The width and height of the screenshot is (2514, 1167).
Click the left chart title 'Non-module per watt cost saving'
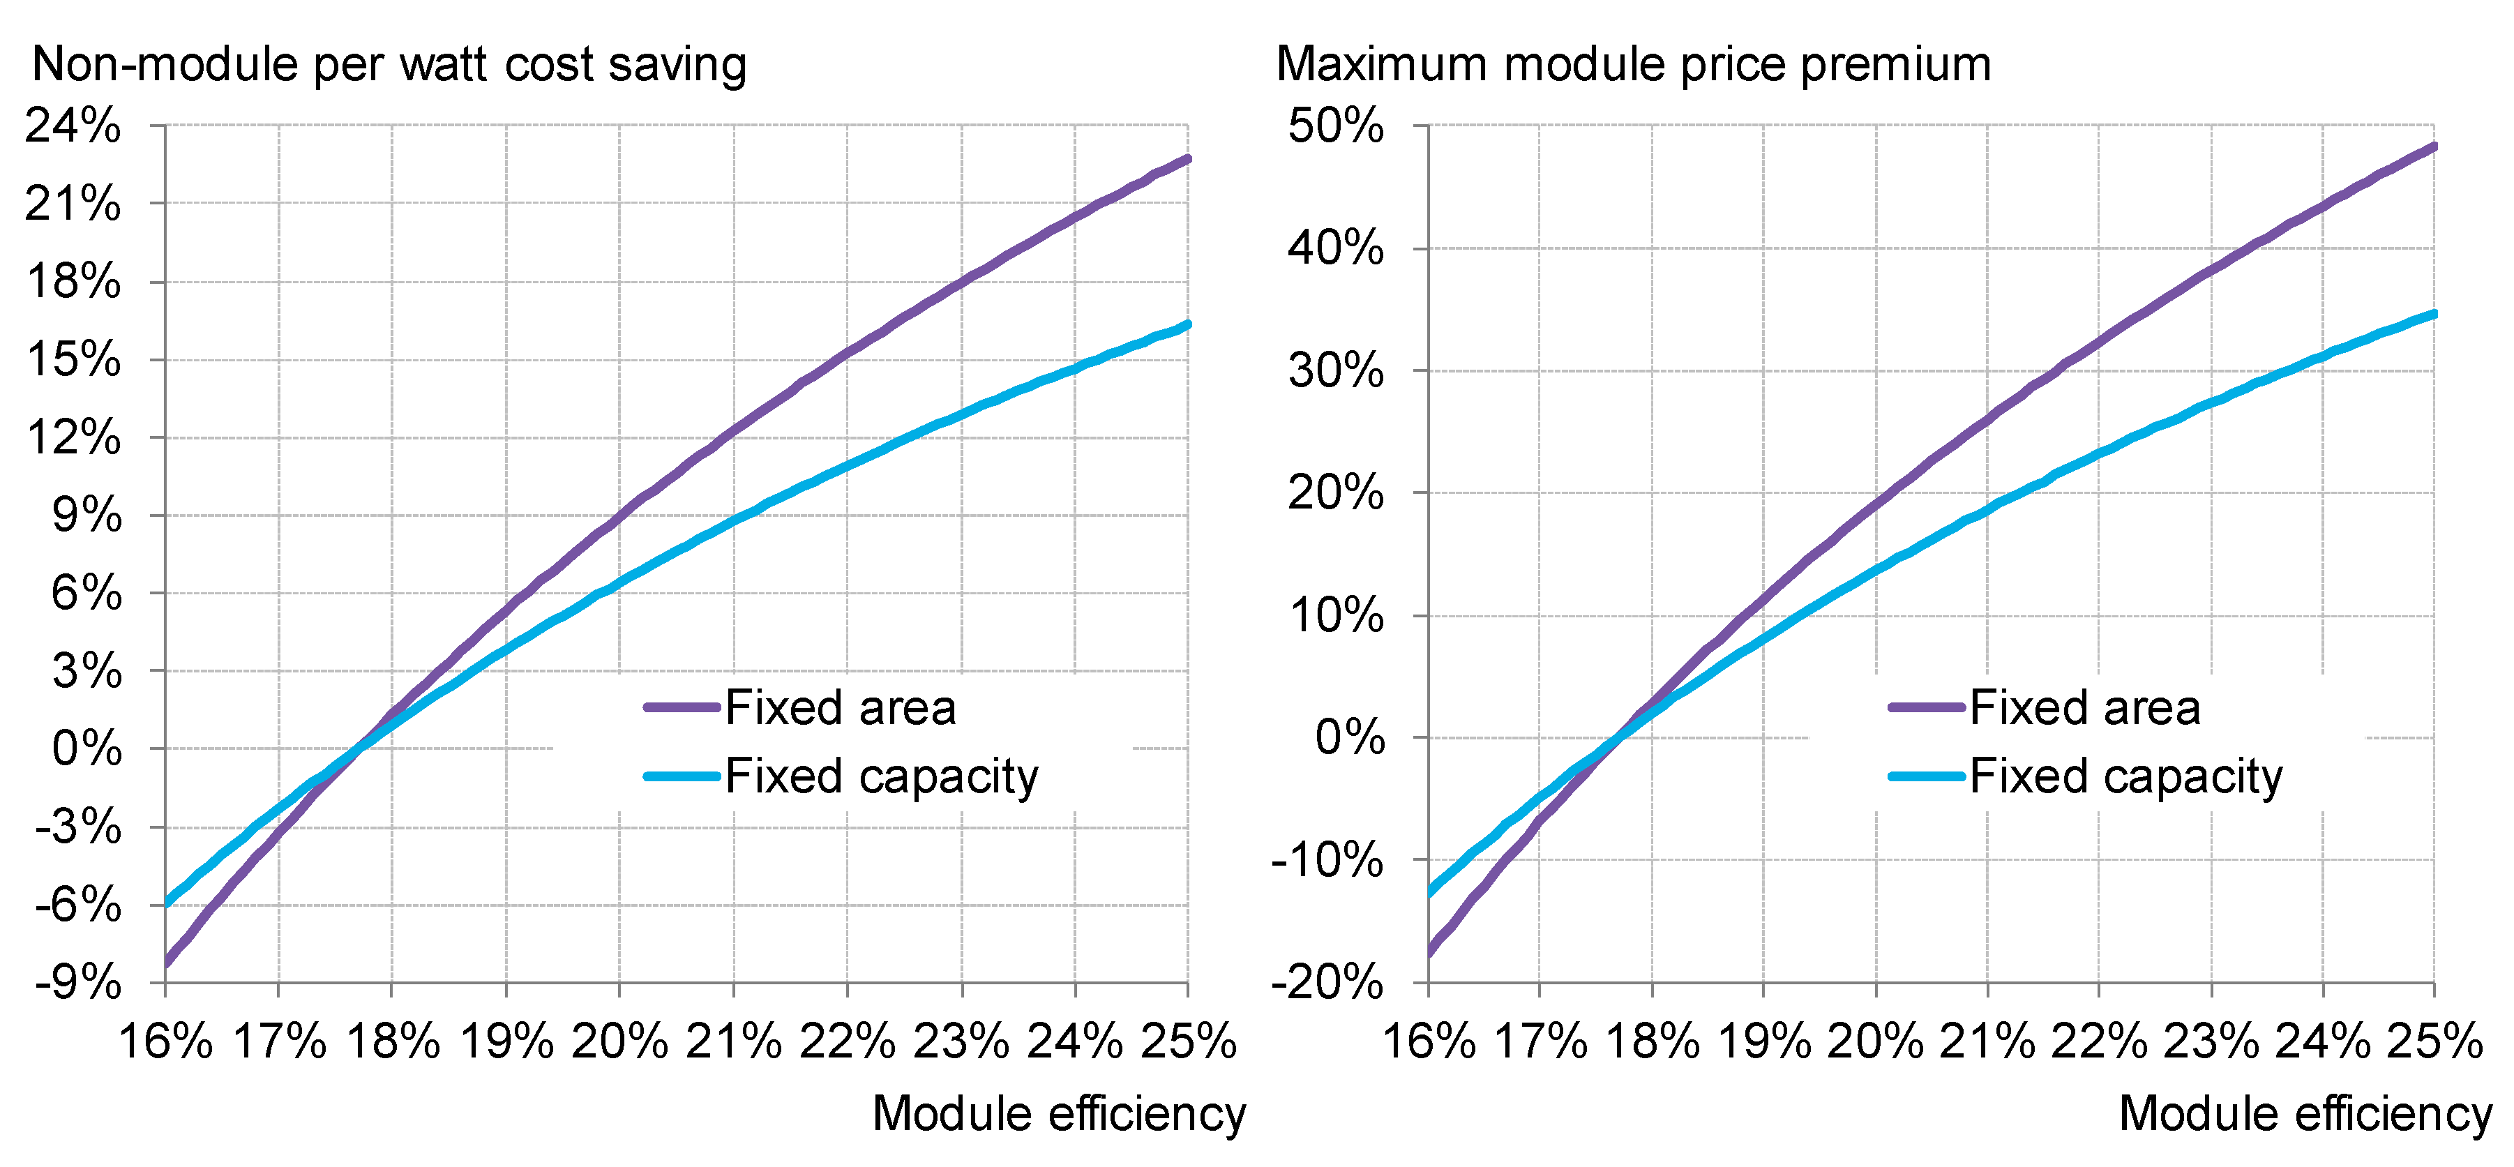coord(389,64)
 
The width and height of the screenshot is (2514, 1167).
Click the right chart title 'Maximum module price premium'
coord(1633,64)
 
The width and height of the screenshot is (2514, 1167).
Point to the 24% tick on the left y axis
coord(73,126)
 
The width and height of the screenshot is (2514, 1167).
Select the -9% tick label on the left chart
coord(78,984)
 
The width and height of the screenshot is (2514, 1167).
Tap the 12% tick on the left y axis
coord(74,437)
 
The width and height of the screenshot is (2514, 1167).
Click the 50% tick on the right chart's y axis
coord(1334,126)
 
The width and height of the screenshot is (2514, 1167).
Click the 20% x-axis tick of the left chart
coord(619,1042)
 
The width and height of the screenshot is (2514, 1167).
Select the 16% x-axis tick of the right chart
coord(1429,1042)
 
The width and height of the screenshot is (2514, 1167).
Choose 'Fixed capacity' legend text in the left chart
coord(880,776)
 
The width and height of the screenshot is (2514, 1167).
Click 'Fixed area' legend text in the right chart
coord(2084,707)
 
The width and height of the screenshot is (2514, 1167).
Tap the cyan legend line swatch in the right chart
coord(1925,776)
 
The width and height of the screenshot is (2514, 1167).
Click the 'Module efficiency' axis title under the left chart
coord(1058,1113)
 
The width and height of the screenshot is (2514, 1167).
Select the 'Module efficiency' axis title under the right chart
coord(2305,1113)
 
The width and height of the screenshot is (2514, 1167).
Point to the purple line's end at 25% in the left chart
coord(1187,158)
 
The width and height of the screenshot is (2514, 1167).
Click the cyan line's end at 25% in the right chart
coord(2434,314)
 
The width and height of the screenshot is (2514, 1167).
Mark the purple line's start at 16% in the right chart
coord(1430,950)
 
